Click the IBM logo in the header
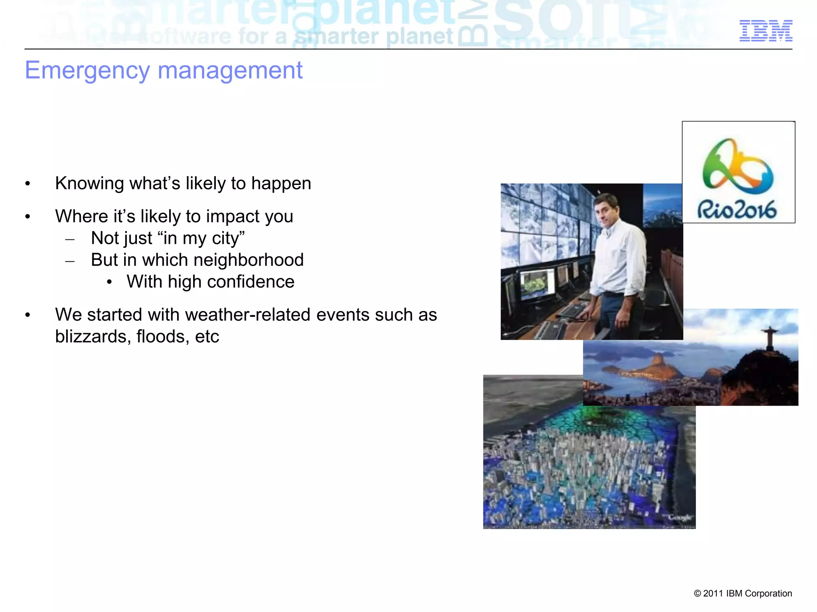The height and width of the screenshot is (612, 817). pyautogui.click(x=766, y=31)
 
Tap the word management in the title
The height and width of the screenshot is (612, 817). pyautogui.click(x=230, y=70)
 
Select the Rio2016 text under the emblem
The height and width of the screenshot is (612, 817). pyautogui.click(x=737, y=210)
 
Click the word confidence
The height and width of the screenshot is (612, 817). pyautogui.click(x=251, y=282)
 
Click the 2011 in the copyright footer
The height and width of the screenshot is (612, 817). pyautogui.click(x=713, y=594)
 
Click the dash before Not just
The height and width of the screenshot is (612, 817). pyautogui.click(x=70, y=239)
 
